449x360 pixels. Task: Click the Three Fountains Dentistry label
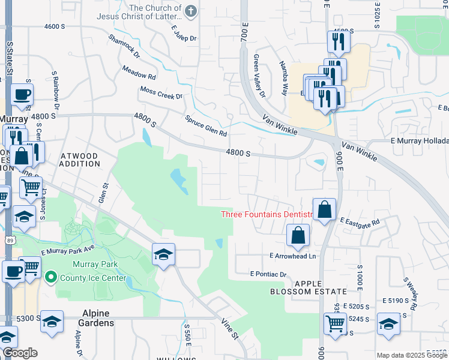pos(267,214)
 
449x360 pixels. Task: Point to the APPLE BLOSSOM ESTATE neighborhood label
pos(308,287)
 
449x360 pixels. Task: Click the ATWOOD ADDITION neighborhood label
pos(80,160)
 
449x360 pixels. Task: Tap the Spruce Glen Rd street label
pos(206,125)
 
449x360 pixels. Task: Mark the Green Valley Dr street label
pos(259,76)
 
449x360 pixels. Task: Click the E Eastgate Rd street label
pos(360,222)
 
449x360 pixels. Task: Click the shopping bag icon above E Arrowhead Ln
pos(298,236)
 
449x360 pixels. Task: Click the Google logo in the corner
pos(20,353)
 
